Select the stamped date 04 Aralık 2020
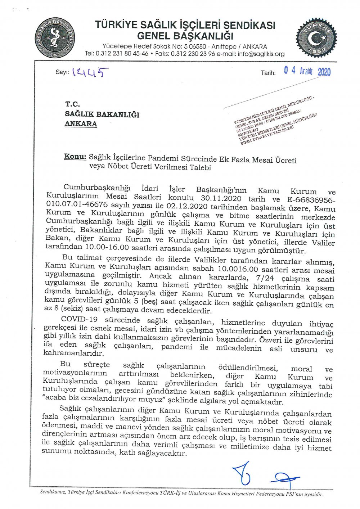(x=307, y=71)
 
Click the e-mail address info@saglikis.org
(x=260, y=54)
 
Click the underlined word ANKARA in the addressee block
(x=81, y=123)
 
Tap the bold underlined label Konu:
(x=75, y=157)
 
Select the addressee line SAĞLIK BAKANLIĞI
(x=102, y=114)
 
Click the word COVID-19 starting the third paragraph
(x=80, y=319)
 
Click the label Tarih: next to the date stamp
(x=268, y=73)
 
